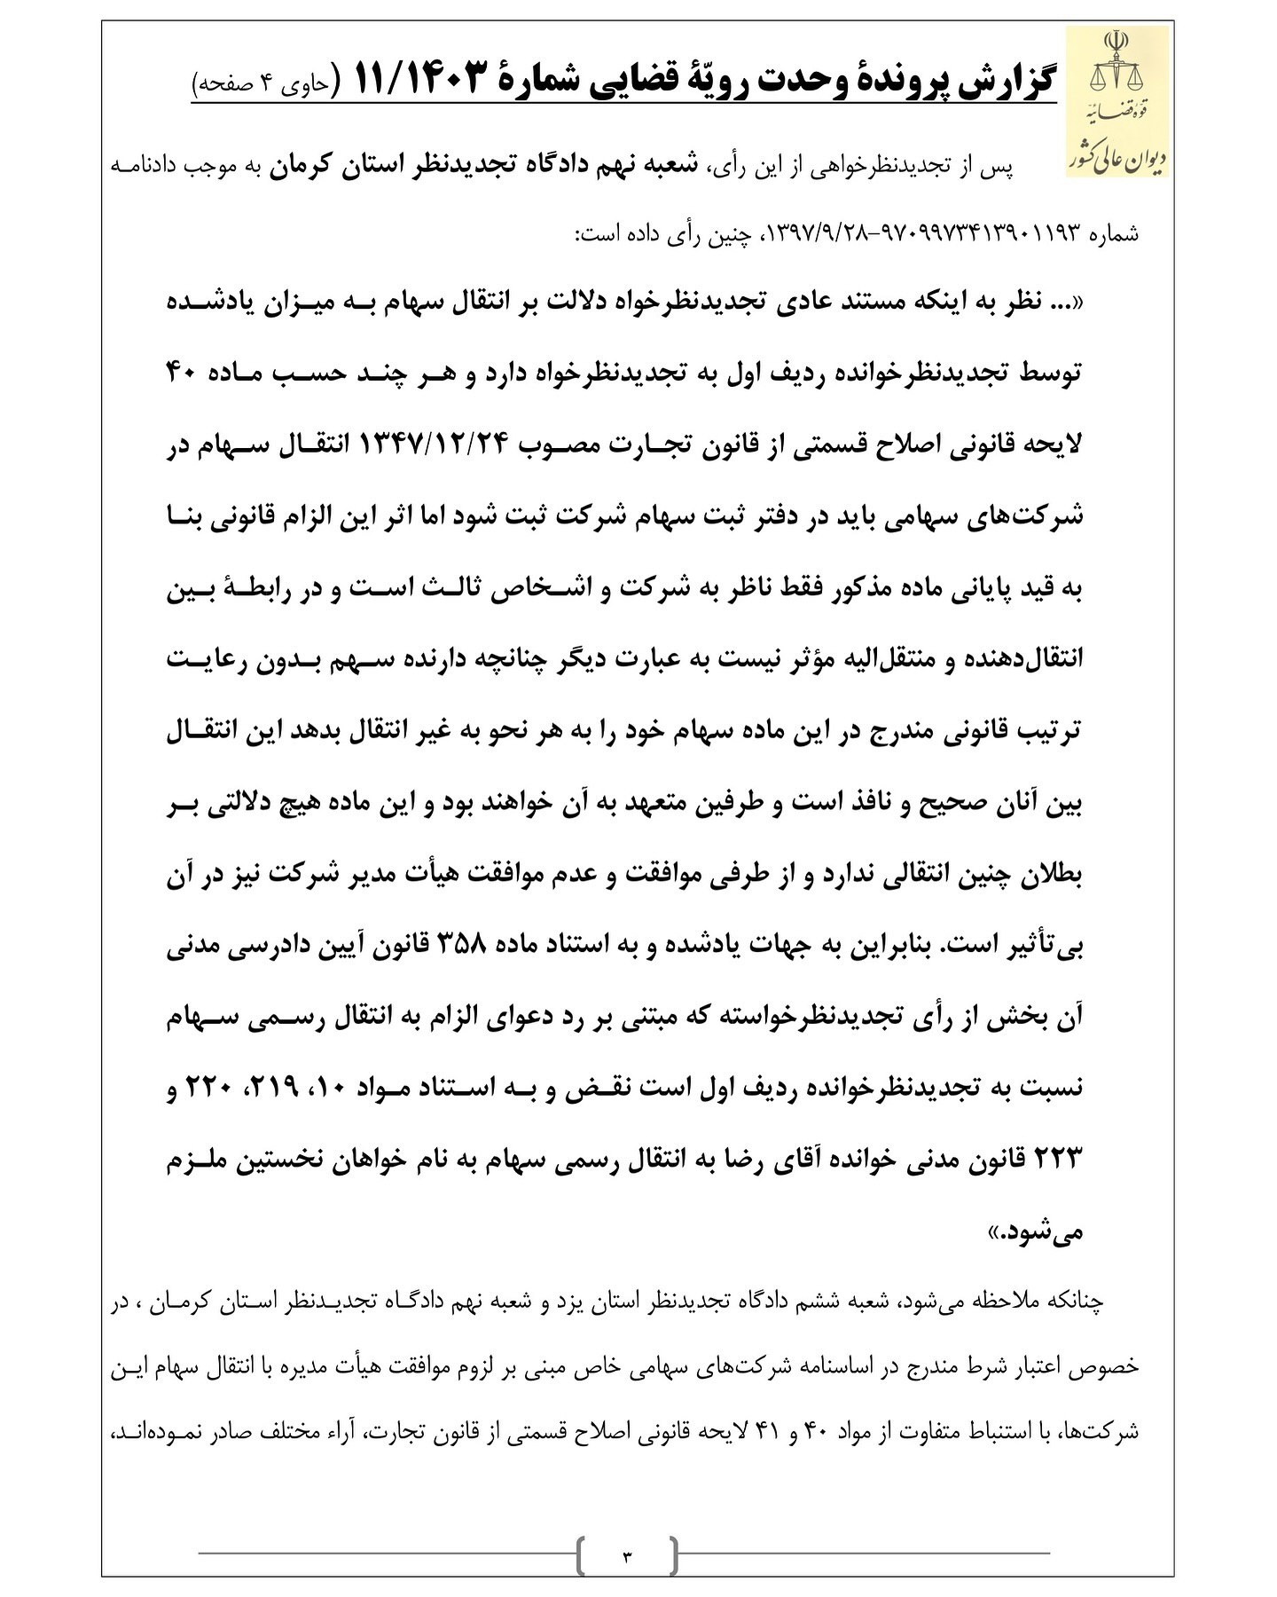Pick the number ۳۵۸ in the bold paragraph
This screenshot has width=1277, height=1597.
[479, 949]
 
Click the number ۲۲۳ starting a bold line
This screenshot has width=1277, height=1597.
[1061, 1160]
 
